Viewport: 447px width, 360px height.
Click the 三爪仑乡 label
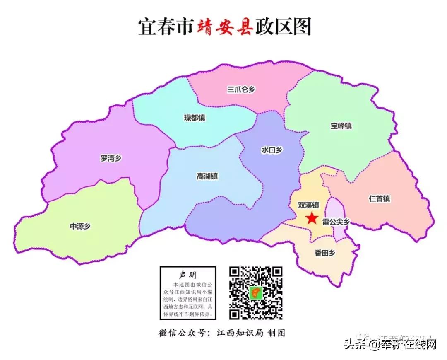(241, 89)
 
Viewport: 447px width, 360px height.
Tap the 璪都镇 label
(195, 118)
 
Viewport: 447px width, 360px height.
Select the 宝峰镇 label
(341, 126)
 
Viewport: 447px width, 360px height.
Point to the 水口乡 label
(272, 150)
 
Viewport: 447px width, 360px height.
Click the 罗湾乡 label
(111, 158)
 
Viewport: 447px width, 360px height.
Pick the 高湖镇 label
(207, 176)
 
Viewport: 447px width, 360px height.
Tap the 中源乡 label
(80, 226)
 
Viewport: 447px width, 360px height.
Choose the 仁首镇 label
(379, 198)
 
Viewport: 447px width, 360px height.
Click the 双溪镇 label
(308, 205)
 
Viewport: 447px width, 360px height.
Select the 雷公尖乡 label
(336, 222)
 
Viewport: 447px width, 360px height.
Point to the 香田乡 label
(325, 253)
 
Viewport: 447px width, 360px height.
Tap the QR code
(256, 293)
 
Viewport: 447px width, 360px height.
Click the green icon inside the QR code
(256, 293)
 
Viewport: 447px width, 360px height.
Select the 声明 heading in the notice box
(188, 275)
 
